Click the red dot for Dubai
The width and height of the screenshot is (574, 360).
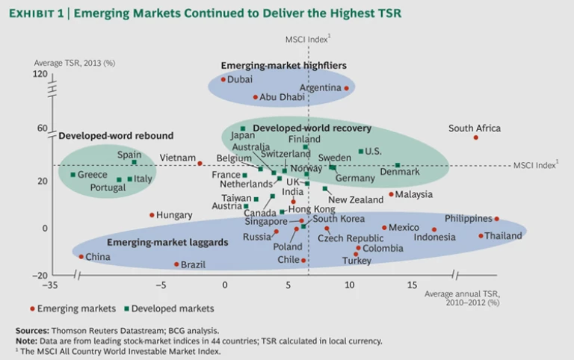[223, 79]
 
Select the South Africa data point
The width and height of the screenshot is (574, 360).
[476, 137]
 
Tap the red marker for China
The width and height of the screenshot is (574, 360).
[81, 257]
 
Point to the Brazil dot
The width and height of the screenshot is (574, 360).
[176, 264]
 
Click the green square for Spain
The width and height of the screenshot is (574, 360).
[135, 163]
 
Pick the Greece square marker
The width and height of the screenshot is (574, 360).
[72, 175]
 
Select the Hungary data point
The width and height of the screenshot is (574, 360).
[152, 215]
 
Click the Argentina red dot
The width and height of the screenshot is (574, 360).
[347, 88]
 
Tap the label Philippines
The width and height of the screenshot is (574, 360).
[468, 219]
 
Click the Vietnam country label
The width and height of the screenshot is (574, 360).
[177, 158]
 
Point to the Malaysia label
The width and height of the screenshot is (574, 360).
[414, 195]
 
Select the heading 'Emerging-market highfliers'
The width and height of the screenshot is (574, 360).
[284, 66]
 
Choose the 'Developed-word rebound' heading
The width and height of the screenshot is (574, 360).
[116, 136]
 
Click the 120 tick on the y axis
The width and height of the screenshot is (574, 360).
[40, 75]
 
